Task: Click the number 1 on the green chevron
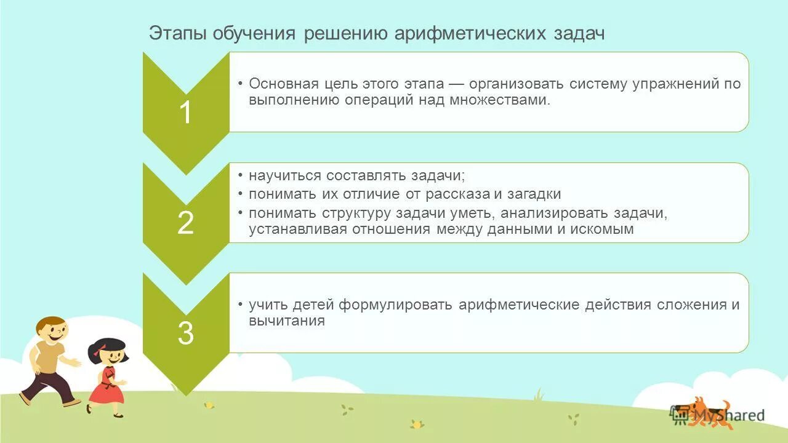(x=185, y=113)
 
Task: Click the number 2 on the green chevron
(x=185, y=223)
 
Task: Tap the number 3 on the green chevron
(x=185, y=333)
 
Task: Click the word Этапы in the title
(x=177, y=33)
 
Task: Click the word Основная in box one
(x=283, y=84)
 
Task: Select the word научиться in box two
(x=285, y=175)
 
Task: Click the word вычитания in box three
(x=287, y=321)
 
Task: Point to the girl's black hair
(x=106, y=346)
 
